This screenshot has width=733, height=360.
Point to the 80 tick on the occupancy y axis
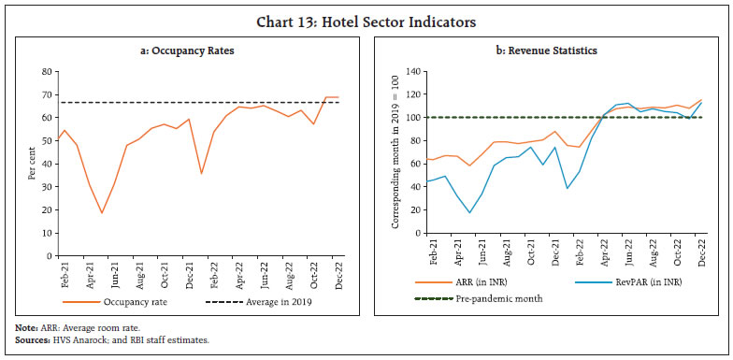(x=44, y=72)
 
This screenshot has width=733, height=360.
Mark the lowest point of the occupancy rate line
(x=102, y=213)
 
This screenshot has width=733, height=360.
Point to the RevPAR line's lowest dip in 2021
(x=470, y=213)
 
